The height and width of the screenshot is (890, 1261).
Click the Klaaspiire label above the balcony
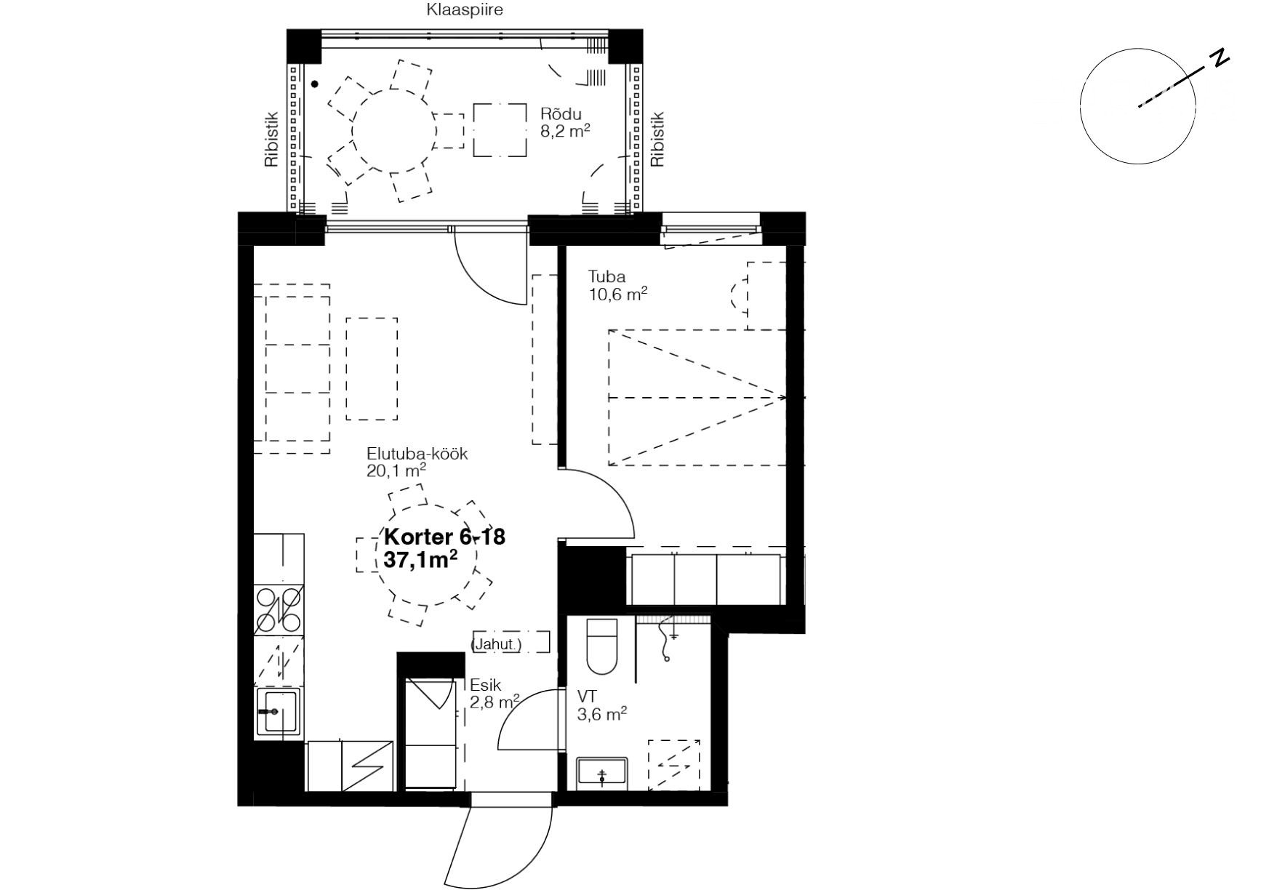pos(464,10)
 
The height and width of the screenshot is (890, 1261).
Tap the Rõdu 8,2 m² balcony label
pos(564,122)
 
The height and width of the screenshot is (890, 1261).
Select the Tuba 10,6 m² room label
pos(617,285)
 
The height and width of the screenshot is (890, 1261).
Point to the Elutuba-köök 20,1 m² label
pos(417,462)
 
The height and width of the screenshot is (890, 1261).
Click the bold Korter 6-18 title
pos(444,537)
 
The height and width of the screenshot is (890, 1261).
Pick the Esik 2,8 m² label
pos(495,693)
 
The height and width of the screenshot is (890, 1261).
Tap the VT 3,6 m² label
pos(602,705)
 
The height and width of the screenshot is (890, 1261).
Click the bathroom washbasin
pos(602,773)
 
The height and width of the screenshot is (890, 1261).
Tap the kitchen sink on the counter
pos(279,711)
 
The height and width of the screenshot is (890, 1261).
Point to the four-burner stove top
pos(279,609)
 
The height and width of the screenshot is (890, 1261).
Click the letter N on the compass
pos(1220,58)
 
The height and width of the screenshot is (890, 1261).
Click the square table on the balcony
pos(500,130)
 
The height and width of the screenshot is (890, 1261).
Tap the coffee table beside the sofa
pos(372,369)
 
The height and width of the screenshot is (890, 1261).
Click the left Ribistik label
pos(271,139)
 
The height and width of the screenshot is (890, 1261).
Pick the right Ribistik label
pos(657,139)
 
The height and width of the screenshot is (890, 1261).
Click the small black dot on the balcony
pos(315,84)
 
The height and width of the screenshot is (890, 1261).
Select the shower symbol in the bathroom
pos(674,764)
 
